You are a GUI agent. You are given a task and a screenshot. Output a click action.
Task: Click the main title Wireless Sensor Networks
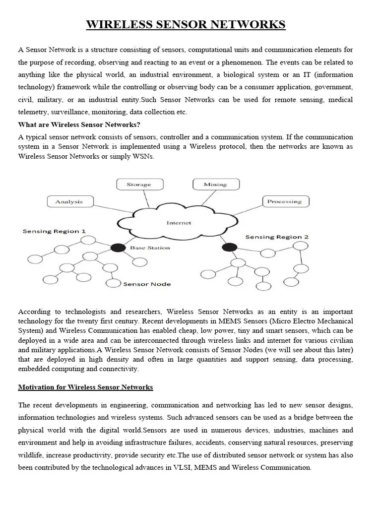point(186,24)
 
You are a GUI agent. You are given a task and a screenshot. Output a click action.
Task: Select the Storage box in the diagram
point(138,185)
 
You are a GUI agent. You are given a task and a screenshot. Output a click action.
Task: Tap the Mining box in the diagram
point(215,185)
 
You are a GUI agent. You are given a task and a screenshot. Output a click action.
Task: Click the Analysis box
point(69,201)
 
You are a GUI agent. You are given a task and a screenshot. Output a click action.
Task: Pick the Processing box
point(284,201)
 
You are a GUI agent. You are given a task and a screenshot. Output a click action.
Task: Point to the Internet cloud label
point(179,223)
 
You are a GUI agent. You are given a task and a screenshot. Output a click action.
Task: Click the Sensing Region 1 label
point(54,231)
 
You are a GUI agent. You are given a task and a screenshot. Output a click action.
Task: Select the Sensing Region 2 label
point(277,237)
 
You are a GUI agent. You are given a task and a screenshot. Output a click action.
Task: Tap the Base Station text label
point(150,248)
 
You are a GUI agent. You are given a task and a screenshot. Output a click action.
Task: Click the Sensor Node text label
point(147,284)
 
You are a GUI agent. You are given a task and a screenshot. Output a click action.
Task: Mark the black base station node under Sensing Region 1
point(118,247)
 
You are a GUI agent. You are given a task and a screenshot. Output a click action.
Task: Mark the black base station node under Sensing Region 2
point(229,247)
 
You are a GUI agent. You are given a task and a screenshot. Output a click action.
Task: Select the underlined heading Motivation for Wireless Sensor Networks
point(85,387)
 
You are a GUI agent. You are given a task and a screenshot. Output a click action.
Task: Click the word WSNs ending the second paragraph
point(143,156)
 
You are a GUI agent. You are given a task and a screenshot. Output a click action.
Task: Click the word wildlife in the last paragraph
point(31,454)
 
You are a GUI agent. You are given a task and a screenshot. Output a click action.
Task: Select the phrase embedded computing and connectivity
point(78,369)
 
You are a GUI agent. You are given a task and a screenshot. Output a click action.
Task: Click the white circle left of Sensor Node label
point(114,283)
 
